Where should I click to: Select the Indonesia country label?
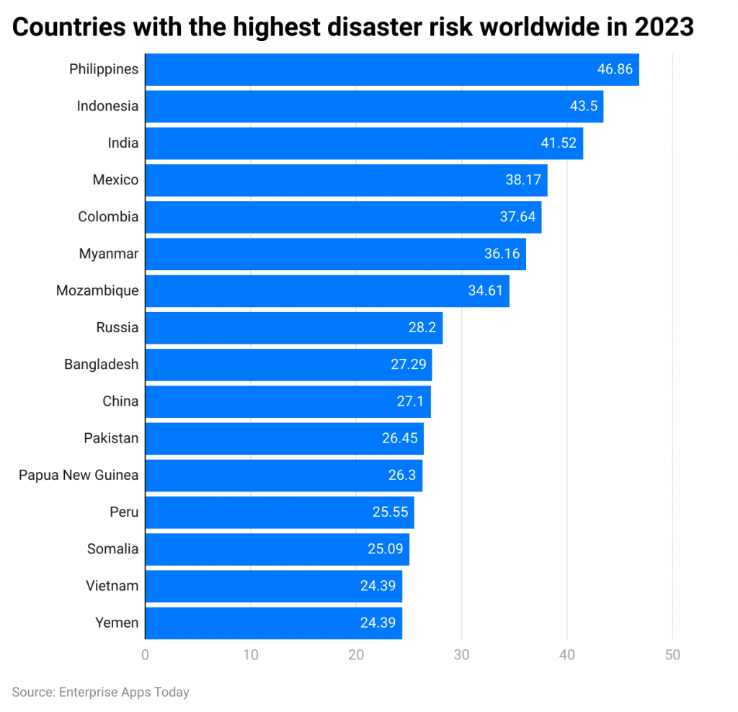[107, 106]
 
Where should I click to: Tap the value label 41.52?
[559, 143]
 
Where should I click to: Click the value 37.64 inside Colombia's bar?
[517, 217]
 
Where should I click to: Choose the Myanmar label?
[108, 254]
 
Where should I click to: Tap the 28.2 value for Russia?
[422, 328]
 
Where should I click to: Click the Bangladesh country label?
[101, 365]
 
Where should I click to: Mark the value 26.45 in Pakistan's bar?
[399, 438]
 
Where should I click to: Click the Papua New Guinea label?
[79, 476]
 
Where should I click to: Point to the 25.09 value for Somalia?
[385, 549]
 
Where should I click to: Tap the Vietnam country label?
[112, 586]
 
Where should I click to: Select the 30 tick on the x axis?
[461, 654]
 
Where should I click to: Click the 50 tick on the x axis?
[672, 654]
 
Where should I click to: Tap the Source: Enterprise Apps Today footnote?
[100, 692]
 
